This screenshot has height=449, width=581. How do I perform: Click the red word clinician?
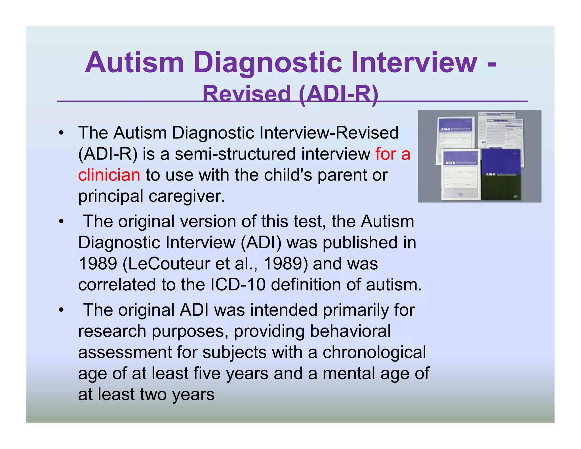(x=109, y=175)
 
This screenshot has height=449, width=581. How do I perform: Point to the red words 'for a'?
(x=393, y=154)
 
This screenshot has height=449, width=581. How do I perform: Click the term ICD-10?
(x=238, y=284)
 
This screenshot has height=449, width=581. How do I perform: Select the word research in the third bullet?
(x=112, y=331)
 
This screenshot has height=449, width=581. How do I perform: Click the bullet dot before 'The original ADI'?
(x=61, y=310)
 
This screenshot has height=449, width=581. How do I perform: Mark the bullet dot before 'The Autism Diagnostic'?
(x=61, y=133)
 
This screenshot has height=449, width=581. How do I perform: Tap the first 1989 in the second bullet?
(x=98, y=263)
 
